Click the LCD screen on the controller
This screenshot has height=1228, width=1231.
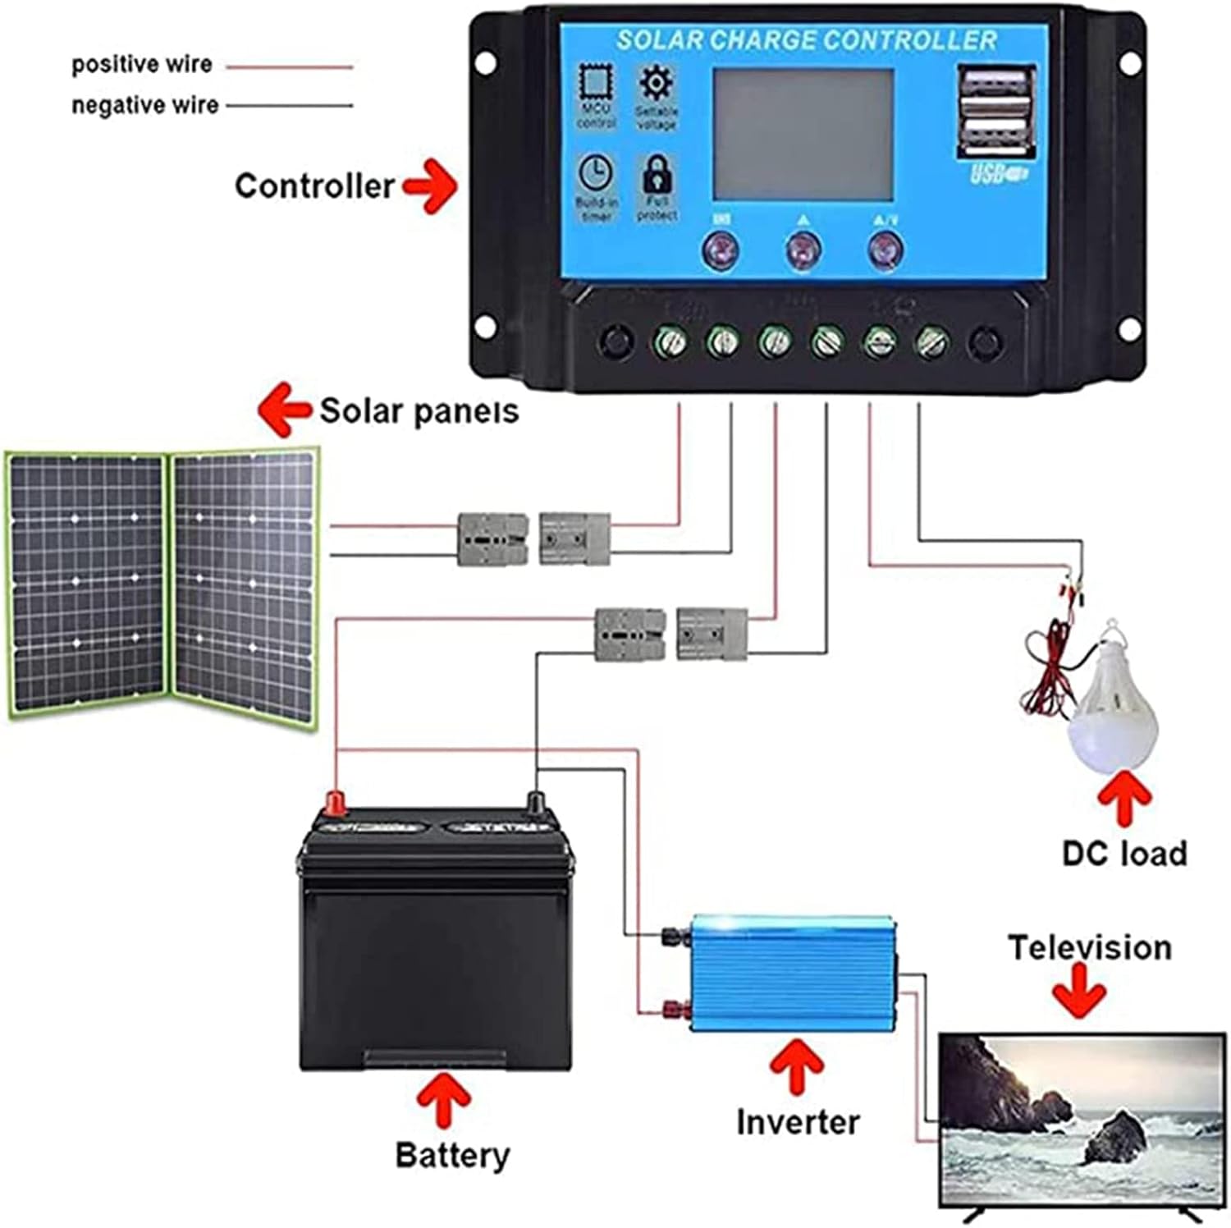803,134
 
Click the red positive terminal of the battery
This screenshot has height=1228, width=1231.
335,803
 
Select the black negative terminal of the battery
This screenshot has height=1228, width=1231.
535,802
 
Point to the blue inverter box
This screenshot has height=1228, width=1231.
792,973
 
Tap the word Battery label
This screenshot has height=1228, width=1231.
452,1155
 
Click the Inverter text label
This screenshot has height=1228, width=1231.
798,1122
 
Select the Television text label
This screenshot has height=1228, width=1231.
1090,948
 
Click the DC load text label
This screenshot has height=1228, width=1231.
1124,854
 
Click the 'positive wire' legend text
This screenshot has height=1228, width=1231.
141,64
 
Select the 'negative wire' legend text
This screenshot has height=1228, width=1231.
144,105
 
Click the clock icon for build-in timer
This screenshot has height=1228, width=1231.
595,173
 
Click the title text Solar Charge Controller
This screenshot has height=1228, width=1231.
806,40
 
